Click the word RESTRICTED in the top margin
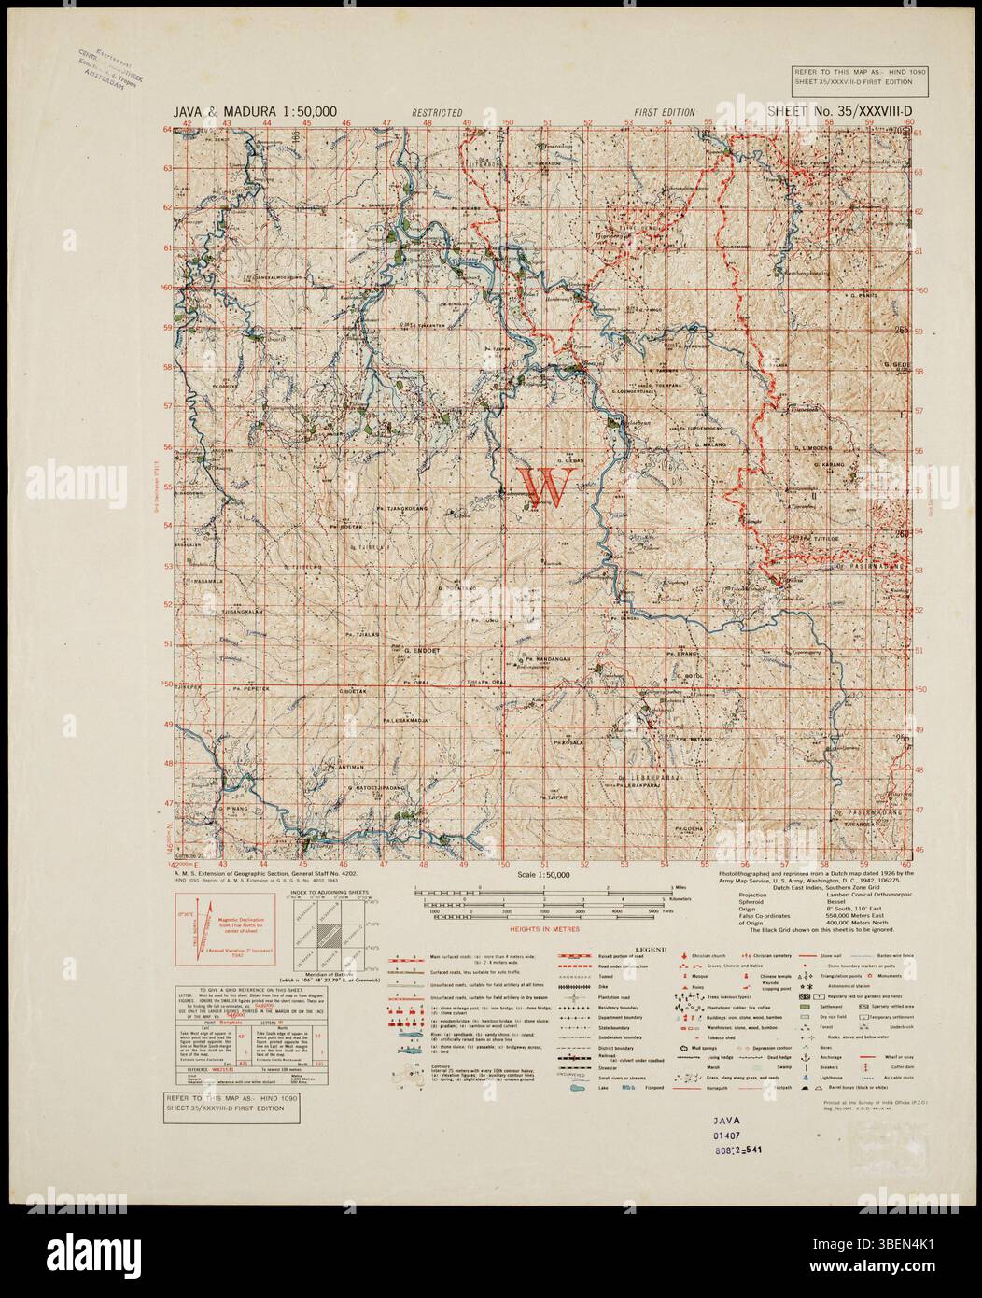[x=437, y=112]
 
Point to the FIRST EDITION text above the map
[x=665, y=112]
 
